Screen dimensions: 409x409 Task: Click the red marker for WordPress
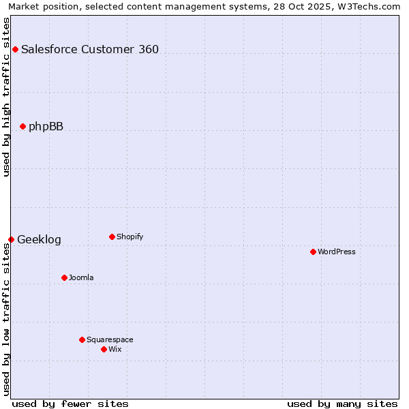click(x=313, y=252)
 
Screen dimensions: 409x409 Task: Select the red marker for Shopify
click(x=112, y=237)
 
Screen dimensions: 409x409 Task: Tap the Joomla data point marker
click(x=64, y=277)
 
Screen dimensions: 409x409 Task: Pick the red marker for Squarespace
click(x=82, y=339)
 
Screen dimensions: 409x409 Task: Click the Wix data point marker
click(x=104, y=349)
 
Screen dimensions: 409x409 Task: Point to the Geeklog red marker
click(x=11, y=239)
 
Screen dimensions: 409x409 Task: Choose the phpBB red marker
click(x=22, y=126)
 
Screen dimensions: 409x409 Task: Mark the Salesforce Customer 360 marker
click(x=15, y=49)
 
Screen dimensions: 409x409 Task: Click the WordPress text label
click(x=337, y=252)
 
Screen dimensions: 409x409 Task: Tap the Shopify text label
click(x=130, y=237)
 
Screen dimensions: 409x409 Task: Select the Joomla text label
click(x=81, y=277)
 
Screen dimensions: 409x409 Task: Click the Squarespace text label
click(x=110, y=339)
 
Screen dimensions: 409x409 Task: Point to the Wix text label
click(x=115, y=349)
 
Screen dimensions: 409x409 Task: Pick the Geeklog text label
click(x=39, y=239)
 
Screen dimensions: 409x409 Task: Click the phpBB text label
click(x=46, y=126)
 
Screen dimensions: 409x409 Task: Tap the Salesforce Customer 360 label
click(x=90, y=49)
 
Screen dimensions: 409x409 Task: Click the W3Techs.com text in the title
click(x=371, y=6)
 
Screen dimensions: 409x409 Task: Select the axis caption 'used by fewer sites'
click(x=70, y=404)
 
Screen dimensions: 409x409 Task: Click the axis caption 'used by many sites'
click(x=342, y=404)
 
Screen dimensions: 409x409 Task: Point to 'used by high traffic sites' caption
click(x=6, y=97)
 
